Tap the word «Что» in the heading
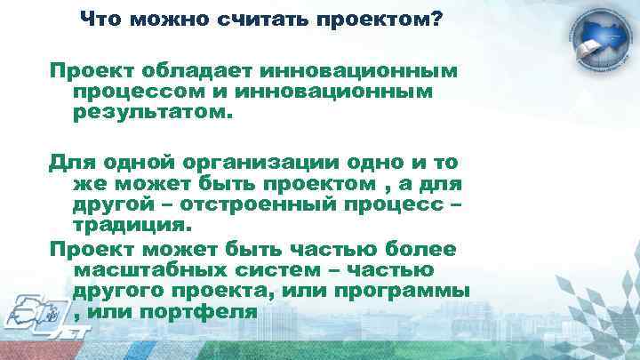(100, 20)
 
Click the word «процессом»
(136, 92)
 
